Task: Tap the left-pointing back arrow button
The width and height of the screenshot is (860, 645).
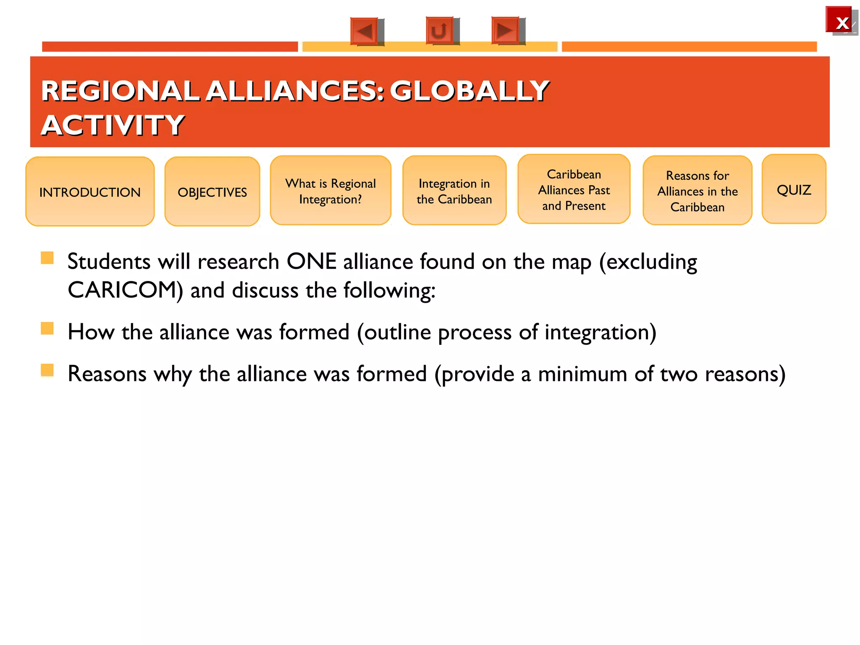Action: coord(364,31)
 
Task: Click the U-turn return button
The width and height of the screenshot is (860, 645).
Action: coord(440,31)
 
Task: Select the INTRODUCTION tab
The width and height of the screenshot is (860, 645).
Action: coord(90,192)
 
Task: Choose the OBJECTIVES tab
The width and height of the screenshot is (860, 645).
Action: coord(212,192)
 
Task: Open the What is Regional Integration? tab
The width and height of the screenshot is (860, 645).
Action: coord(330,191)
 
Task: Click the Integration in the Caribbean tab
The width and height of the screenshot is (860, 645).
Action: coord(454,191)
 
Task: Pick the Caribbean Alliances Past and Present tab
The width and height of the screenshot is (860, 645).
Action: coord(574,190)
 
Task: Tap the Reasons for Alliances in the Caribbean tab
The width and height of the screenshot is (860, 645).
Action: coord(697,191)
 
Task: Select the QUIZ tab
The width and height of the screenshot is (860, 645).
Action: coord(794,190)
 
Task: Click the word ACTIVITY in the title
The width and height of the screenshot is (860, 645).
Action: coord(113,125)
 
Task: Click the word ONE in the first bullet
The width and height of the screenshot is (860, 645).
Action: coord(311,262)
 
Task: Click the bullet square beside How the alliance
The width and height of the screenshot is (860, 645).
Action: coord(47,328)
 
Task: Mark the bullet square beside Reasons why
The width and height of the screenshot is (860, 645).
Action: coord(47,370)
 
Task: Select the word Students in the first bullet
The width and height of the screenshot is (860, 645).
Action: coord(109,262)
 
